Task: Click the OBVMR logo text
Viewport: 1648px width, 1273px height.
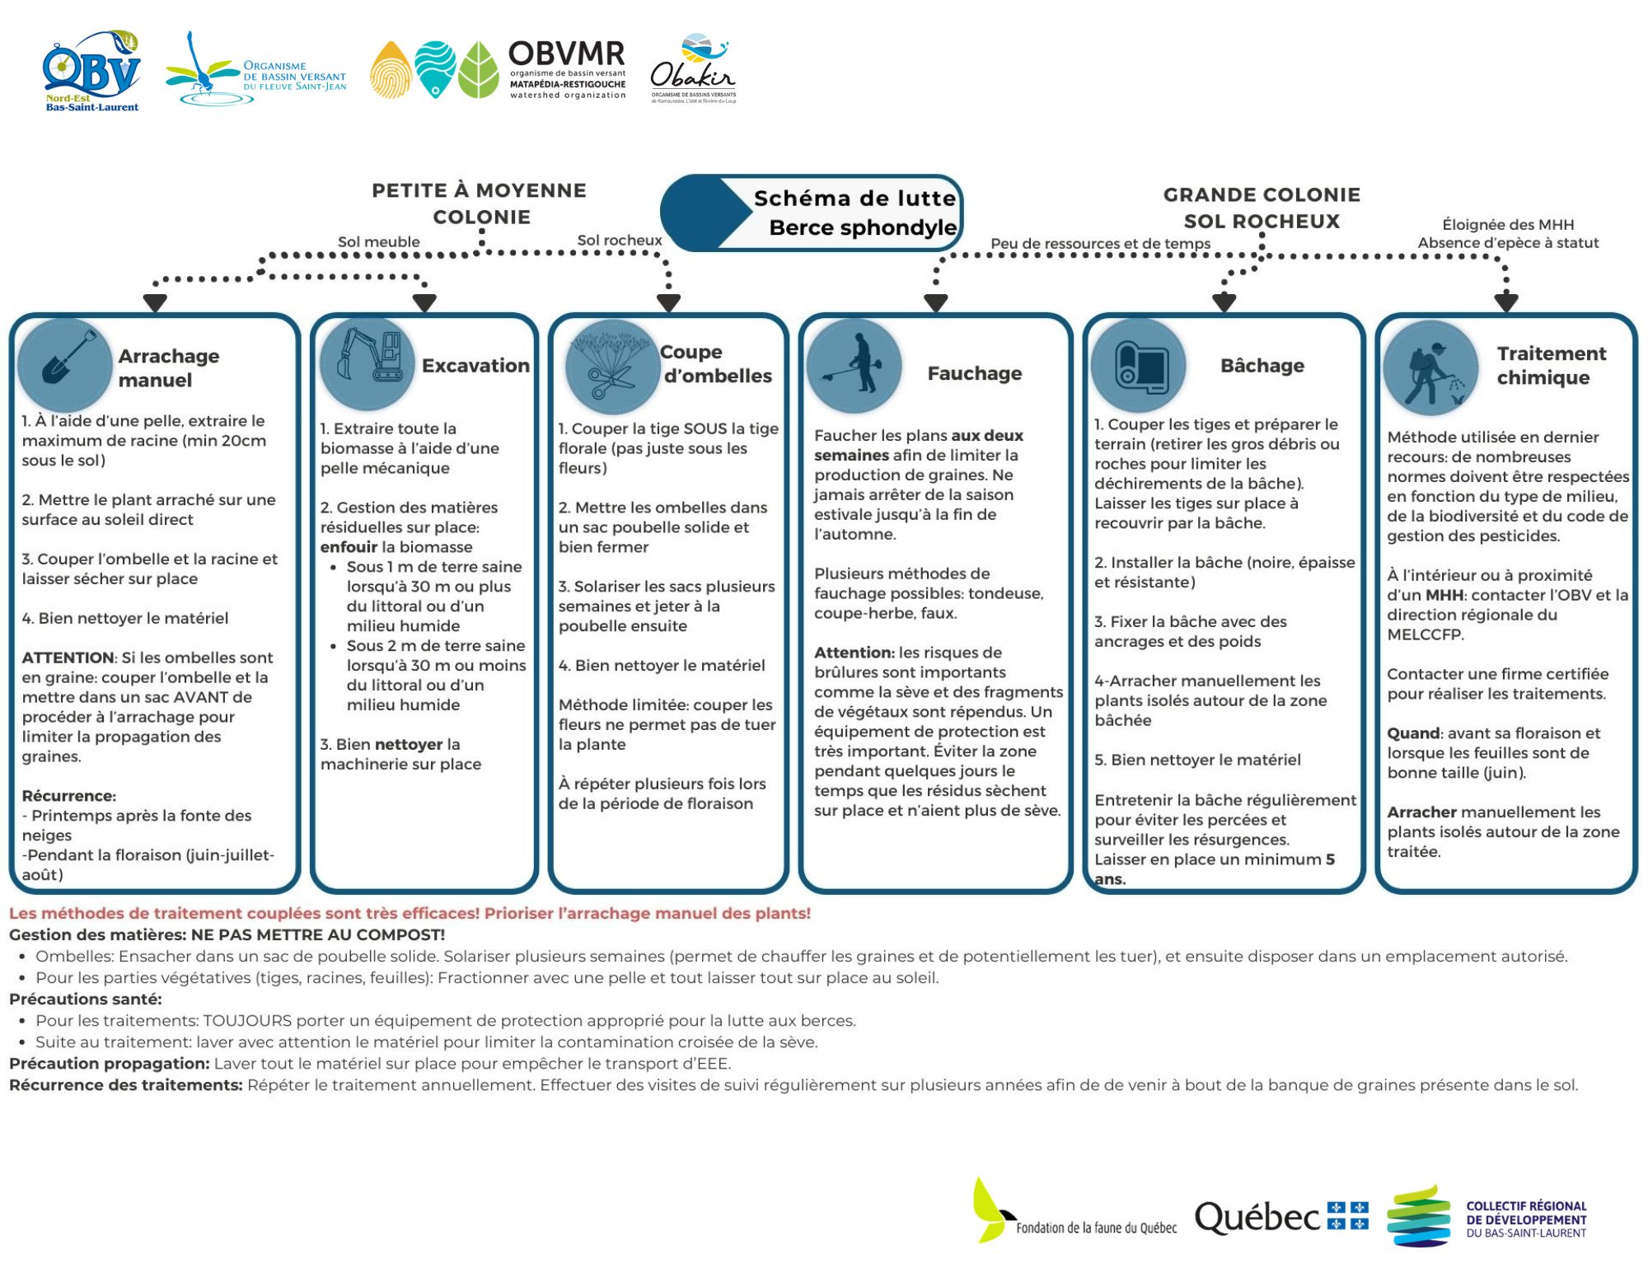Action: tap(566, 55)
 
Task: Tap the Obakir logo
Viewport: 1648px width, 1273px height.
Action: tap(692, 70)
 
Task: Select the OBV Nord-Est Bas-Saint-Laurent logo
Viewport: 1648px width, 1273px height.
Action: tap(91, 72)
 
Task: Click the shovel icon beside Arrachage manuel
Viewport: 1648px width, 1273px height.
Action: tap(64, 363)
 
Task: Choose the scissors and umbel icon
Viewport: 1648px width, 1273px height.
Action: tap(611, 366)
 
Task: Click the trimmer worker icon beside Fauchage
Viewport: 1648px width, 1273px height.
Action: tap(854, 365)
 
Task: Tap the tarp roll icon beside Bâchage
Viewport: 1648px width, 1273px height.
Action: tap(1139, 365)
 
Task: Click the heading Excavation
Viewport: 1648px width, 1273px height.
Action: tap(475, 365)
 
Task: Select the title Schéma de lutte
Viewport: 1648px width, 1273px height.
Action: tap(854, 199)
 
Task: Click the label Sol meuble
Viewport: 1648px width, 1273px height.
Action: tap(378, 241)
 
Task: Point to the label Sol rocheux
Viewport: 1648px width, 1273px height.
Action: tap(619, 240)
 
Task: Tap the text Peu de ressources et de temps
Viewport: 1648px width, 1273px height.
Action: tap(1100, 243)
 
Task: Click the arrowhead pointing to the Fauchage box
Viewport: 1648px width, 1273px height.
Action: tap(935, 303)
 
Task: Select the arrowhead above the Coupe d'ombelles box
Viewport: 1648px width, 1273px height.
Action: tap(668, 303)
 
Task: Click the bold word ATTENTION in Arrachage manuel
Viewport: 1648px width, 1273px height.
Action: tap(68, 658)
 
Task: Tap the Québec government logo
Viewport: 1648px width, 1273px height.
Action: tap(1281, 1217)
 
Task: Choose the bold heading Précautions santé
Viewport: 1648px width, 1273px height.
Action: tap(86, 999)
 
